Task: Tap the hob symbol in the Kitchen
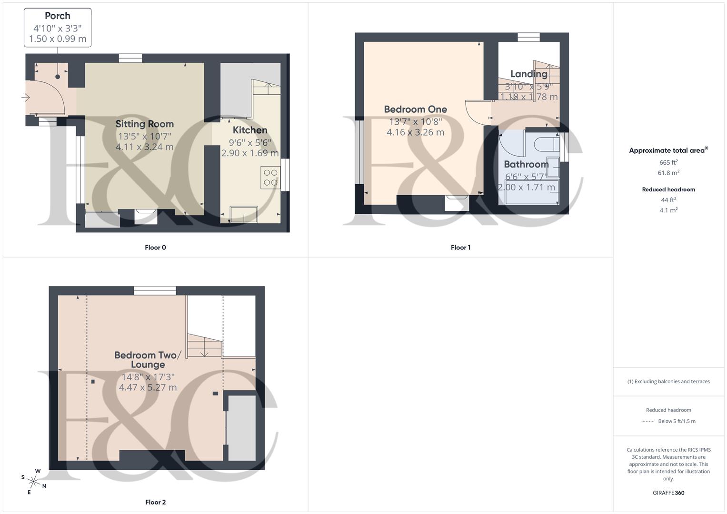click(x=270, y=178)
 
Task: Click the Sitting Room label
click(x=145, y=124)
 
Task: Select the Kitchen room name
click(x=250, y=130)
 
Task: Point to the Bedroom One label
click(x=415, y=109)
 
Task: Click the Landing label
click(x=528, y=74)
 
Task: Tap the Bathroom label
click(x=526, y=164)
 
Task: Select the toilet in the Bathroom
click(x=545, y=143)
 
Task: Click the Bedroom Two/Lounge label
click(x=148, y=360)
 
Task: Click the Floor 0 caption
click(x=155, y=247)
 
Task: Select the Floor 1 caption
click(x=460, y=247)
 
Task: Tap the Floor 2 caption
click(x=155, y=502)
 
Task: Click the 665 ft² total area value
click(x=668, y=162)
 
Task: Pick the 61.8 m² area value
click(x=668, y=173)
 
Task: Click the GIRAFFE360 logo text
click(x=668, y=493)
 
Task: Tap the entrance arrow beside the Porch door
click(x=26, y=98)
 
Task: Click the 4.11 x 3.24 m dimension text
click(x=144, y=147)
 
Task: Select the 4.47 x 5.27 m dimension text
click(x=148, y=387)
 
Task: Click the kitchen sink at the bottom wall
click(x=244, y=214)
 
